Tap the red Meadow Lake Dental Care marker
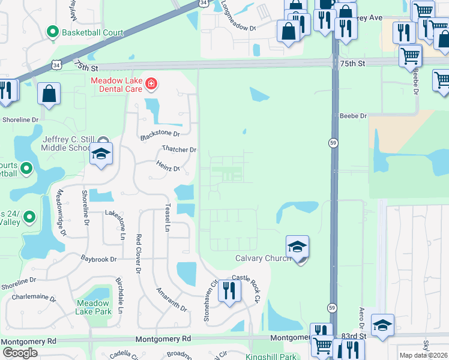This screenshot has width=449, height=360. point(151,85)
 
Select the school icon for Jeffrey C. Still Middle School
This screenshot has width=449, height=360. point(101,154)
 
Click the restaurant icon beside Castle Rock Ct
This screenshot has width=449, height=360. point(229,291)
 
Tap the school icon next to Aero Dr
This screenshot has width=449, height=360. point(382,325)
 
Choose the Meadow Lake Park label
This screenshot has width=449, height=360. point(94,307)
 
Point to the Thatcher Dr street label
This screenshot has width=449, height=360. point(179,149)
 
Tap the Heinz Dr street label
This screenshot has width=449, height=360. point(168,169)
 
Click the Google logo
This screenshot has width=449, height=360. point(20,352)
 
